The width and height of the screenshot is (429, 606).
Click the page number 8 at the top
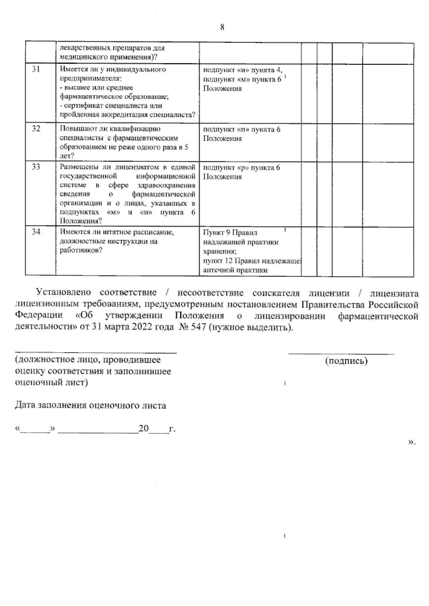point(222,27)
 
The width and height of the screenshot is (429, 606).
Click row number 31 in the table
point(36,70)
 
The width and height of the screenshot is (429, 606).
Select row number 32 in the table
point(36,129)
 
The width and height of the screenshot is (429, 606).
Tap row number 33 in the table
point(36,167)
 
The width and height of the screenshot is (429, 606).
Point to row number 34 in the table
point(36,232)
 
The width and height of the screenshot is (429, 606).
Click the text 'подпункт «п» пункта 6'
point(242,129)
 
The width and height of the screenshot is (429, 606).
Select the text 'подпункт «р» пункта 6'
point(242,168)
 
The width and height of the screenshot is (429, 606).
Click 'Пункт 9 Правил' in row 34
point(230,233)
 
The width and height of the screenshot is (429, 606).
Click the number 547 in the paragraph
point(197,328)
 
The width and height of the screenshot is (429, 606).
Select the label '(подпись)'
point(346,361)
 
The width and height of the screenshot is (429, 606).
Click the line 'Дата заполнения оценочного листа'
point(90,406)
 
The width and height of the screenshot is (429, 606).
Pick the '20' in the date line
point(143,429)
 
